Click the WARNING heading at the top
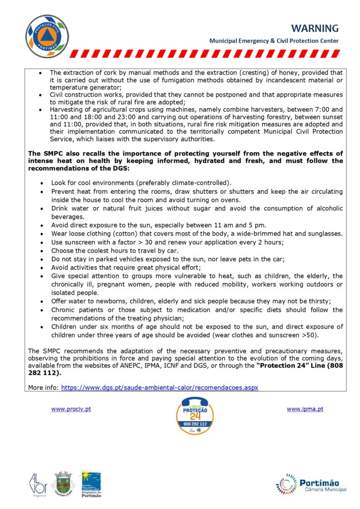tap(315, 28)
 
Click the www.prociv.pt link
tap(71, 409)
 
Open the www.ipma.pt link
tap(305, 409)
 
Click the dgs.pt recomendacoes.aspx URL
tap(160, 387)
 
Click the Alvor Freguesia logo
tap(38, 483)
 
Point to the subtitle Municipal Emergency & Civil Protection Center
tap(274, 41)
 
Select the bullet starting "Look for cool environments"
tap(141, 183)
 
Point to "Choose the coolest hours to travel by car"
tap(115, 251)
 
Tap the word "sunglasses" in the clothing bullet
tap(325, 233)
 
